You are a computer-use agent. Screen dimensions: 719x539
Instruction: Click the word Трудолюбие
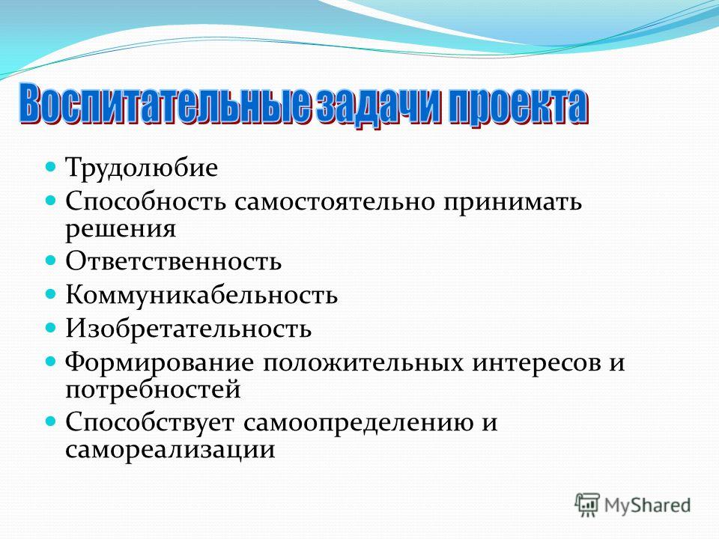(142, 168)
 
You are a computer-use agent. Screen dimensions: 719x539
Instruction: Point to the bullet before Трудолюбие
(51, 166)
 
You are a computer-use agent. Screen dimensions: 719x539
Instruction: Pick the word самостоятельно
(334, 201)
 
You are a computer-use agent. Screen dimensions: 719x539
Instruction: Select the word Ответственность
(173, 262)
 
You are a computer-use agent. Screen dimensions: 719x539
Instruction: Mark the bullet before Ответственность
(51, 260)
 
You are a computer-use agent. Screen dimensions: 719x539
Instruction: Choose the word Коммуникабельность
(201, 295)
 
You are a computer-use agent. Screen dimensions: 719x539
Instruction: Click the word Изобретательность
(189, 328)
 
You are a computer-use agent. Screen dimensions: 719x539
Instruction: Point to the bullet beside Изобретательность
(51, 327)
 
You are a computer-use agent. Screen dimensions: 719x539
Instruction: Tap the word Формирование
(159, 363)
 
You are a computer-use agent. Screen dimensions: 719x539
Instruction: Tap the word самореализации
(170, 450)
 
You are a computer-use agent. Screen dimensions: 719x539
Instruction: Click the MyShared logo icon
(587, 505)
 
